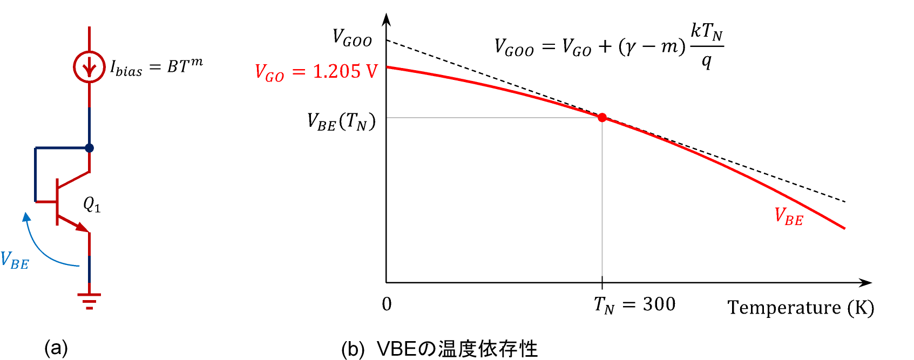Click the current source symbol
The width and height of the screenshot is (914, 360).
click(89, 67)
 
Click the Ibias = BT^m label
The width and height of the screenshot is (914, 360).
click(157, 67)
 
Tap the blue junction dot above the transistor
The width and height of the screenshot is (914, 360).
click(90, 148)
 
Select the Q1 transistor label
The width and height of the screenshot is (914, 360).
click(92, 205)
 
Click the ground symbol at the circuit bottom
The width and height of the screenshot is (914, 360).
click(89, 300)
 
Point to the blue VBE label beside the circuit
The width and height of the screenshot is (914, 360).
click(15, 260)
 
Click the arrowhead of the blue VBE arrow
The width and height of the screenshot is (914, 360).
click(26, 217)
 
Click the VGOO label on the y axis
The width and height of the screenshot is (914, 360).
click(352, 38)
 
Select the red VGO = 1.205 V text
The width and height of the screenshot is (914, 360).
click(316, 72)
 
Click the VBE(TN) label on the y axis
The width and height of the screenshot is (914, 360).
click(341, 122)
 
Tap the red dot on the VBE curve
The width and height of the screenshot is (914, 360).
click(602, 118)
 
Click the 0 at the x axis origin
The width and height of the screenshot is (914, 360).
click(387, 304)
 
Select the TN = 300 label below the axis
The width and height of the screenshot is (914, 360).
click(634, 305)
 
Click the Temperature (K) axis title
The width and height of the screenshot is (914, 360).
click(801, 308)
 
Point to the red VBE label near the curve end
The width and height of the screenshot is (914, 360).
click(789, 216)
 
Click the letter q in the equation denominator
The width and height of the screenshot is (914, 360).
click(706, 61)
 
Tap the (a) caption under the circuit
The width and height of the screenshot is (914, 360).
click(56, 348)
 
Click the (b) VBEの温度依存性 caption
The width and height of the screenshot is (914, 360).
click(439, 349)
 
